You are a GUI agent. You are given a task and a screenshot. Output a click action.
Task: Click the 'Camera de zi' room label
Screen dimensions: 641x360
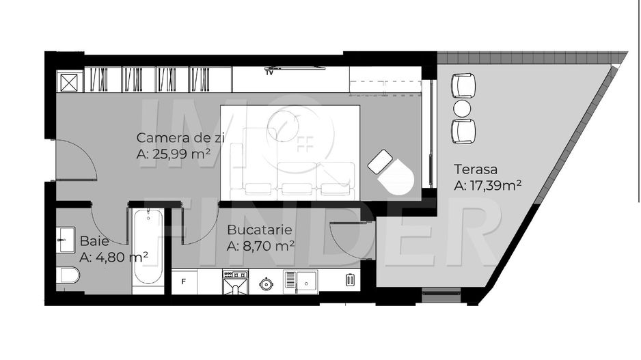tap(180, 138)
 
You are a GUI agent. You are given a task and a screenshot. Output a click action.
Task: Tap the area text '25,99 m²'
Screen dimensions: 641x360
tap(182, 154)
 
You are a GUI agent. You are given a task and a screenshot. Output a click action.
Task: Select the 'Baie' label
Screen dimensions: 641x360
tap(94, 241)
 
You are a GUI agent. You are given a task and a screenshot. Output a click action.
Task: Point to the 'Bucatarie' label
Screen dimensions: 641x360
tap(260, 230)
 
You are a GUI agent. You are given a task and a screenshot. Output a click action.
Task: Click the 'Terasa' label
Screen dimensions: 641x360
tap(476, 169)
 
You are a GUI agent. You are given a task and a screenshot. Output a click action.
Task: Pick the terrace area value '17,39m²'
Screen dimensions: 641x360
tap(495, 186)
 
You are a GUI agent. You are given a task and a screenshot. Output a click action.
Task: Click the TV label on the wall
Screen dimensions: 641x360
tap(269, 73)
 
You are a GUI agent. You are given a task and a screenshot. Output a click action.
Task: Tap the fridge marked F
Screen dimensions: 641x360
tap(184, 281)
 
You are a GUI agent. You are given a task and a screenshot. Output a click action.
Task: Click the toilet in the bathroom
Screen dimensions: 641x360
tap(68, 275)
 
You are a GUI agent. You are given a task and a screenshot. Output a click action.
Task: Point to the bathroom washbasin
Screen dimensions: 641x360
tap(66, 240)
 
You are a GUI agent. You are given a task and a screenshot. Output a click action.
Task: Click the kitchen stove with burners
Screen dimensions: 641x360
tap(236, 281)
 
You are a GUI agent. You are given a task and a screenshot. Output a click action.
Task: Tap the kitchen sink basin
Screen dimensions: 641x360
tap(307, 281)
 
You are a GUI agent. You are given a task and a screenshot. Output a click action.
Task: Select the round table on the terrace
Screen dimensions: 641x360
tap(463, 109)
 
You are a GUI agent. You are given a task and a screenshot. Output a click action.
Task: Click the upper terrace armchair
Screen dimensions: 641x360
tap(463, 85)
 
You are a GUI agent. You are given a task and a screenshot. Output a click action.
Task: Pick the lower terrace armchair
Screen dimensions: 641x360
tap(463, 131)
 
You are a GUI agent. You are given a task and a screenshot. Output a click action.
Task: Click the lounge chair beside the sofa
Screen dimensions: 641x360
tap(391, 172)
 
